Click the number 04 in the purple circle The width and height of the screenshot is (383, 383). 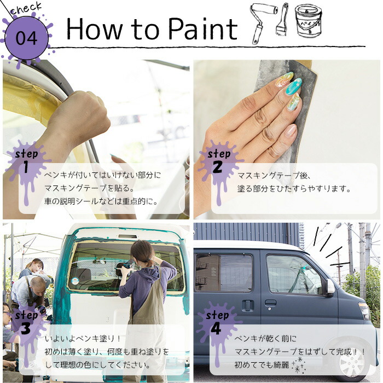point(27,38)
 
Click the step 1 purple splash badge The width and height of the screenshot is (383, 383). point(27,162)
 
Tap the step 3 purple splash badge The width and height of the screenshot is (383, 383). point(27,323)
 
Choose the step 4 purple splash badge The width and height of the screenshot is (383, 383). point(218,323)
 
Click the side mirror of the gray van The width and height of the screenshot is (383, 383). point(330,287)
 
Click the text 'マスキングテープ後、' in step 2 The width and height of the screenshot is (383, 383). point(274,176)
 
